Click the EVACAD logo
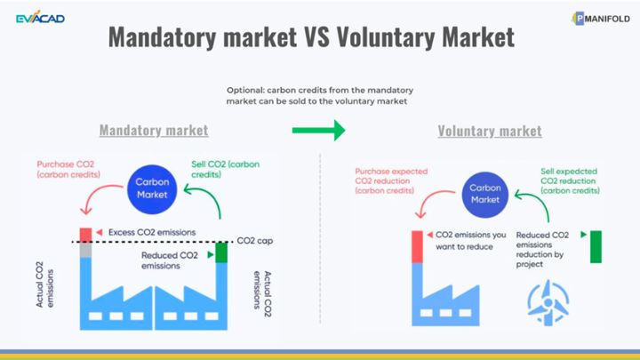click(40, 18)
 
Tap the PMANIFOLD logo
click(601, 19)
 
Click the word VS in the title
click(316, 37)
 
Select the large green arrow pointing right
click(318, 130)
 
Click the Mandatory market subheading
click(154, 130)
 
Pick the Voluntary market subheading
click(490, 131)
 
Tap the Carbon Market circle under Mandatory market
click(152, 189)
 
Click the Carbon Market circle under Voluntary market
click(485, 195)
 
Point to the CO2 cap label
click(255, 241)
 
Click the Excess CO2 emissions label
click(152, 232)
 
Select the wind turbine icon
click(548, 302)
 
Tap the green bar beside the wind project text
click(596, 246)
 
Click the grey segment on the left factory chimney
click(85, 250)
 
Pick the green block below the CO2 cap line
click(221, 252)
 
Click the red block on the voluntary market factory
click(417, 246)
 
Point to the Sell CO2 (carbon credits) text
click(225, 169)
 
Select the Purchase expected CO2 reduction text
click(391, 180)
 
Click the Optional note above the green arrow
click(320, 95)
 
